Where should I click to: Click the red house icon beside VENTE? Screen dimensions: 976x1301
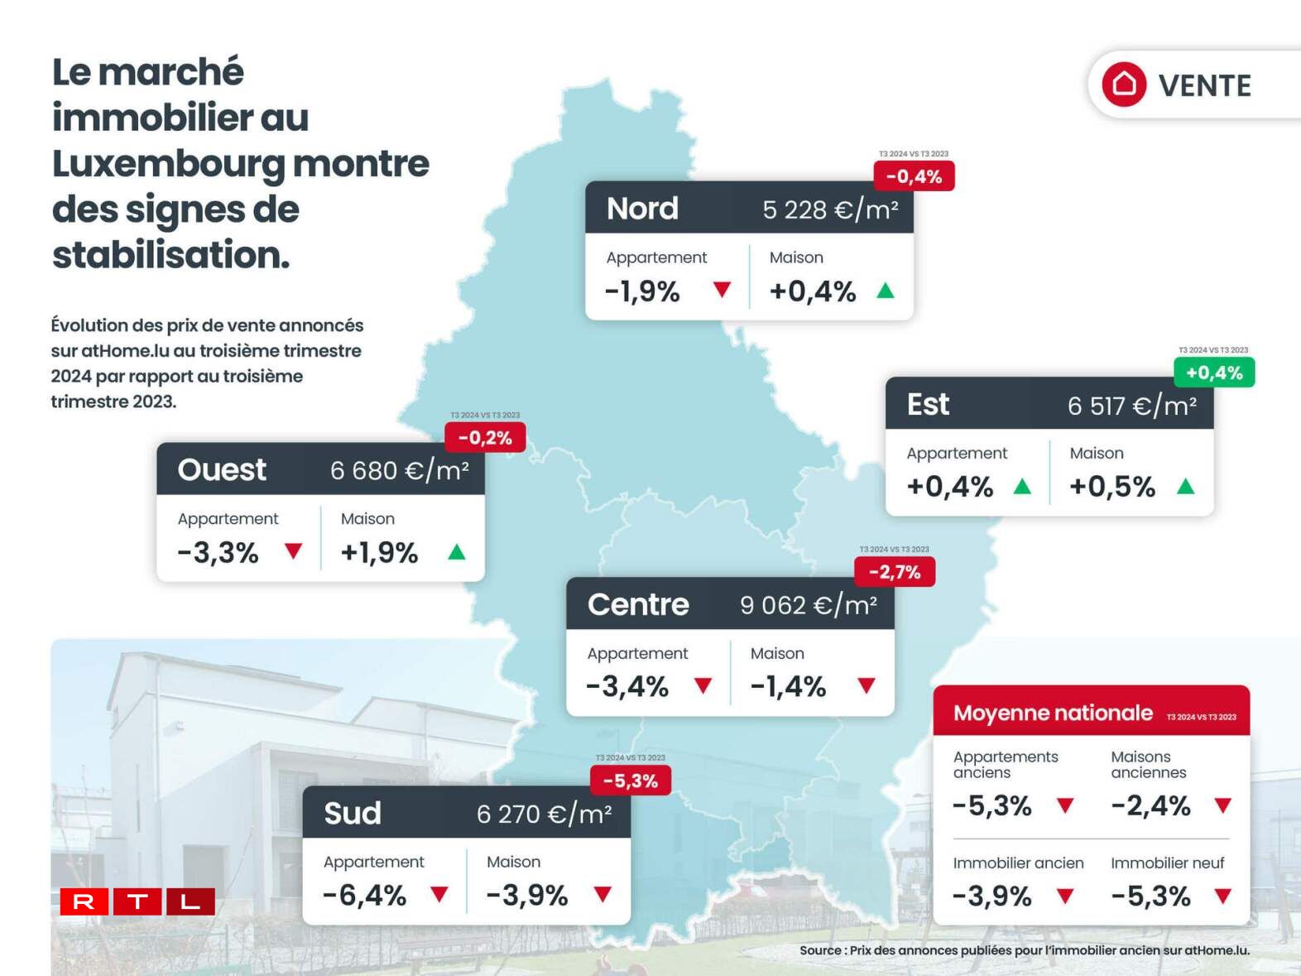point(1123,84)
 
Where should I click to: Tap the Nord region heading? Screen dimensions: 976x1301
point(642,208)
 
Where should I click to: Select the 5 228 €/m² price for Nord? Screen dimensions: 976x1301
point(830,209)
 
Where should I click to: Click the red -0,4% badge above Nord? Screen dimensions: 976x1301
point(914,176)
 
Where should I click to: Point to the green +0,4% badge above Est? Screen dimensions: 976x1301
point(1214,373)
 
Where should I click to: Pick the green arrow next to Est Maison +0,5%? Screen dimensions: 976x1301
point(1185,486)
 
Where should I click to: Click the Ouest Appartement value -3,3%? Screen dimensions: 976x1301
point(218,552)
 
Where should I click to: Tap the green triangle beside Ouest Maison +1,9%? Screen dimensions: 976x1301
point(457,551)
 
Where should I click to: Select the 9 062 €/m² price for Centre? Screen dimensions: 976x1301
point(809,605)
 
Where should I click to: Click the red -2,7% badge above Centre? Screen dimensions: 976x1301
point(895,572)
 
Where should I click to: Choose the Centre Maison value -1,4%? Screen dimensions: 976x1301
point(788,686)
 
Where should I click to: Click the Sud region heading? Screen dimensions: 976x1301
point(353,813)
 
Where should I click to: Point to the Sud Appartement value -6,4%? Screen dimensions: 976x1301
point(364,895)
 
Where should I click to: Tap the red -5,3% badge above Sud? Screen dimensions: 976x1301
point(631,781)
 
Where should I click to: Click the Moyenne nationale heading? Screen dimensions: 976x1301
point(1053,713)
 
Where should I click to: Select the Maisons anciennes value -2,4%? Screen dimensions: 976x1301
point(1150,805)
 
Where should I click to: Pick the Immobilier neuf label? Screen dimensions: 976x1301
point(1167,863)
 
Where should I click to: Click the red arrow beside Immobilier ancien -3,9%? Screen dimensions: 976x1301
point(1065,896)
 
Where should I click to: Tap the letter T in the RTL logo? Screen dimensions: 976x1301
point(137,901)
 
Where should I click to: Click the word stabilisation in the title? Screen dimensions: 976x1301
point(170,255)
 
